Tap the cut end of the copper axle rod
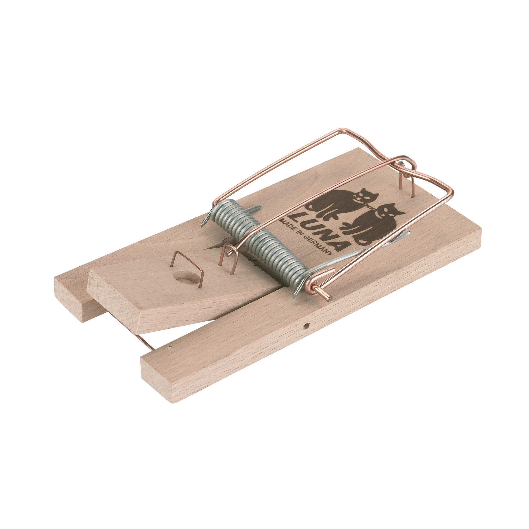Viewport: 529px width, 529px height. click(328, 296)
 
